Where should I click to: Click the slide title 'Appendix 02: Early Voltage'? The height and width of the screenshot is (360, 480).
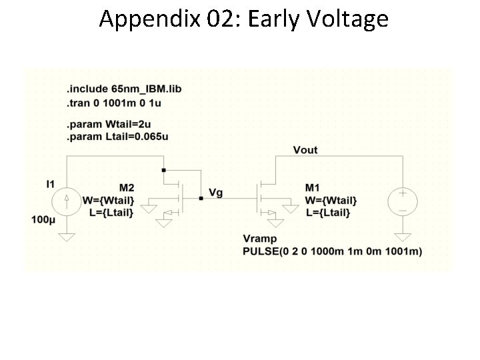pyautogui.click(x=243, y=19)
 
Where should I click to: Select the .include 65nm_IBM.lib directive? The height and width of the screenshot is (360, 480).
pyautogui.click(x=124, y=89)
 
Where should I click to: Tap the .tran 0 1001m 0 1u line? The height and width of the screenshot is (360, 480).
pyautogui.click(x=113, y=103)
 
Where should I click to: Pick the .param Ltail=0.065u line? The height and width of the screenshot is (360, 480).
pyautogui.click(x=116, y=137)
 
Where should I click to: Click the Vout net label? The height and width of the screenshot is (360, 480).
pyautogui.click(x=305, y=150)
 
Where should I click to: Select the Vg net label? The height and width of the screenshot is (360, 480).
pyautogui.click(x=215, y=193)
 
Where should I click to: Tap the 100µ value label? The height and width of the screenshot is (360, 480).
pyautogui.click(x=43, y=219)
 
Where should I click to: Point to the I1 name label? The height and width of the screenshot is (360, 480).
pyautogui.click(x=49, y=183)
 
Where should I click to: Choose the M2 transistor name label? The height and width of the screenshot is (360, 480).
pyautogui.click(x=127, y=188)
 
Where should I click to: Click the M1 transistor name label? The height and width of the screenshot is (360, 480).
pyautogui.click(x=312, y=188)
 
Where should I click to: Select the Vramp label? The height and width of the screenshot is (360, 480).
pyautogui.click(x=260, y=239)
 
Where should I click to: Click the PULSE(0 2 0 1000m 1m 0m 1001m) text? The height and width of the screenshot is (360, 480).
pyautogui.click(x=333, y=251)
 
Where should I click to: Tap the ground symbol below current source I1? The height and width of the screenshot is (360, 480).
pyautogui.click(x=67, y=236)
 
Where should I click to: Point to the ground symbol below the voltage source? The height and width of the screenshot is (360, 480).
pyautogui.click(x=403, y=236)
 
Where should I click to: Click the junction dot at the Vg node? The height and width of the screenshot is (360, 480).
pyautogui.click(x=201, y=197)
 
